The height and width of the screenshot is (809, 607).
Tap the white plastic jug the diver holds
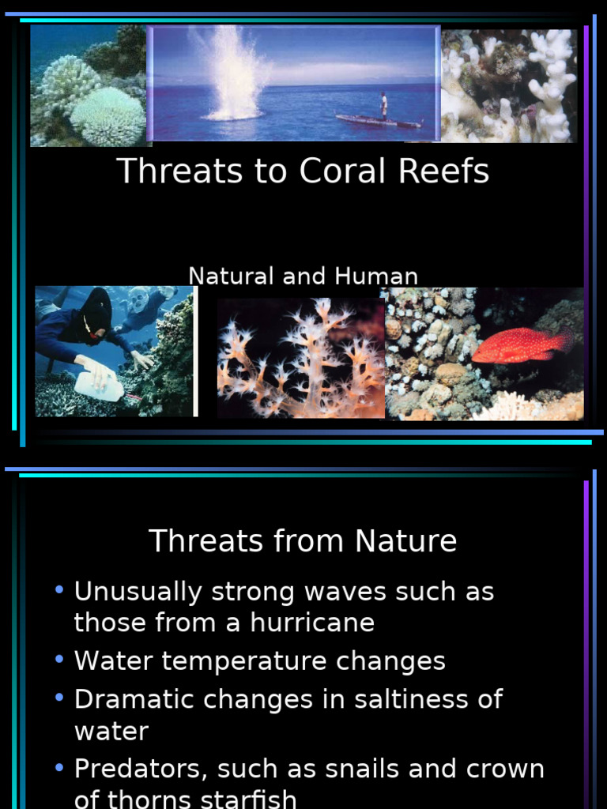pyautogui.click(x=99, y=386)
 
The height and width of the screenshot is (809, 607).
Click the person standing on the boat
pyautogui.click(x=383, y=105)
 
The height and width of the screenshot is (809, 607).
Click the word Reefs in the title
pyautogui.click(x=449, y=171)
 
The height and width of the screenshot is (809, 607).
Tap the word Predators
pyautogui.click(x=139, y=769)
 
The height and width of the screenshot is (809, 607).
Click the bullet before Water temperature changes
pyautogui.click(x=59, y=660)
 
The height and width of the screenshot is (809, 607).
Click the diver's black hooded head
pyautogui.click(x=97, y=310)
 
